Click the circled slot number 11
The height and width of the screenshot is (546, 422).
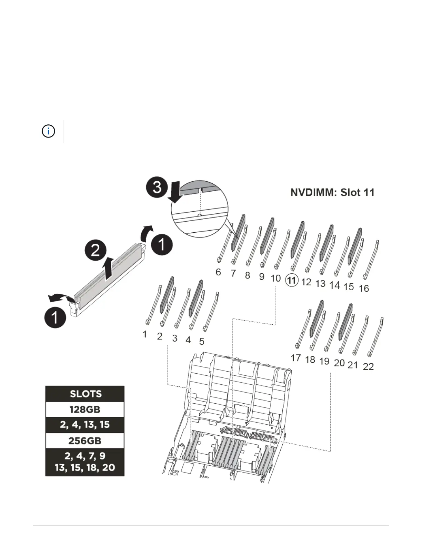click(x=292, y=280)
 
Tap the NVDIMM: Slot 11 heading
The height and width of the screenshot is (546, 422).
click(x=332, y=192)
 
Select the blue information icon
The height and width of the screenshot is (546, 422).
click(x=48, y=131)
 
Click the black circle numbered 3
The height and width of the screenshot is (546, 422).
click(x=157, y=187)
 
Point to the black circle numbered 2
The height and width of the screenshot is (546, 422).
click(x=96, y=250)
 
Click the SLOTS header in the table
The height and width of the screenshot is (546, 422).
click(x=85, y=394)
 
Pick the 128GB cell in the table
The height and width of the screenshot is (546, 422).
click(x=85, y=409)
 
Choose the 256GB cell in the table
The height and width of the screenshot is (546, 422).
click(x=85, y=441)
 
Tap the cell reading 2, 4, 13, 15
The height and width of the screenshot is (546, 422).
click(x=85, y=425)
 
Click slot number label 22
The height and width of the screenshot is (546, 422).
click(x=368, y=366)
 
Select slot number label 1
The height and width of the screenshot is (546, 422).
click(x=145, y=334)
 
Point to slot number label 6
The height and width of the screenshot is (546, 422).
click(x=218, y=272)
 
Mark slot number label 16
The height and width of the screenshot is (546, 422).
click(x=364, y=288)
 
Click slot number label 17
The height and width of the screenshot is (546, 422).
click(x=295, y=358)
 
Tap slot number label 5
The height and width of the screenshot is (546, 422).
click(x=202, y=341)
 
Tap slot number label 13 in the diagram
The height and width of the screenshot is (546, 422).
click(x=320, y=283)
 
